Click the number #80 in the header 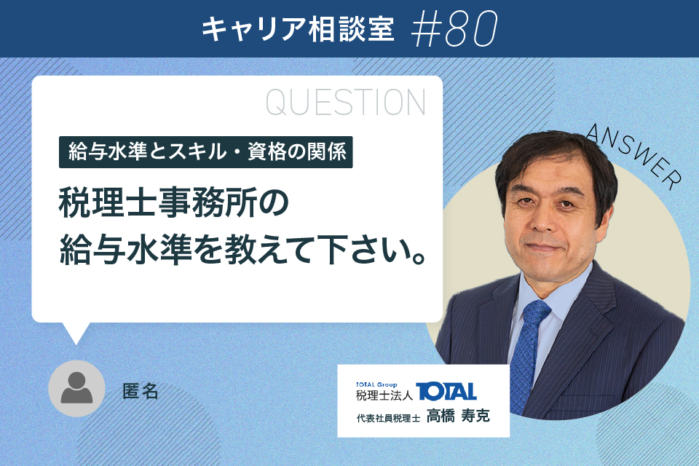pyautogui.click(x=454, y=29)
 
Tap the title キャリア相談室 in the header pyautogui.click(x=299, y=29)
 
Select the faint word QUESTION pyautogui.click(x=345, y=103)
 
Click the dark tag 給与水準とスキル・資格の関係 pyautogui.click(x=206, y=152)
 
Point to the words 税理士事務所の pyautogui.click(x=174, y=203)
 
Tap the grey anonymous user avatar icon pyautogui.click(x=76, y=388)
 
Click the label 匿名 pyautogui.click(x=141, y=392)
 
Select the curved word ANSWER pyautogui.click(x=634, y=156)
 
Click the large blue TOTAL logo pyautogui.click(x=446, y=392)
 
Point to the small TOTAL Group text pyautogui.click(x=376, y=384)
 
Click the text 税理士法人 pyautogui.click(x=384, y=395)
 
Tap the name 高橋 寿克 pyautogui.click(x=458, y=416)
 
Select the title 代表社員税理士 pyautogui.click(x=388, y=418)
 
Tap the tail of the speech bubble pyautogui.click(x=76, y=333)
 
